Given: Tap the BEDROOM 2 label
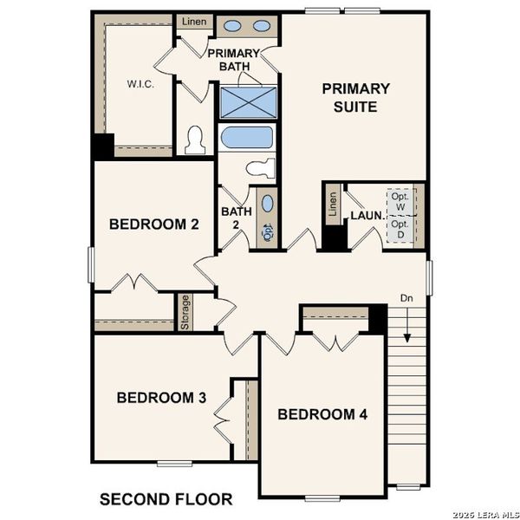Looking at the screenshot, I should point(154,224).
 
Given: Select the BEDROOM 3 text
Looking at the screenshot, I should point(161,398).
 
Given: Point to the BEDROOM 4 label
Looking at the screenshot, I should point(322,415).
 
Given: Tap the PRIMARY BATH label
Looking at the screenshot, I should point(233,60).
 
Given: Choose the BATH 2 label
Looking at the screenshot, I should point(231,218).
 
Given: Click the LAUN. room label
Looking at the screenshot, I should point(367,215).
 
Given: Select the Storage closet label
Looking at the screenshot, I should point(185,312).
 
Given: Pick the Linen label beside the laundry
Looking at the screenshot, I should point(333,207).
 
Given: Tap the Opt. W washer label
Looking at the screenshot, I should point(400,202).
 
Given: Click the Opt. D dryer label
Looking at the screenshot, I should point(400,229).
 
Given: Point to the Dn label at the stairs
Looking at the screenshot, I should point(406,299).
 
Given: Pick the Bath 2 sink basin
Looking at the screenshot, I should point(267,205).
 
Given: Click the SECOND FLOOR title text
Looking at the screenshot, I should point(166,499).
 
